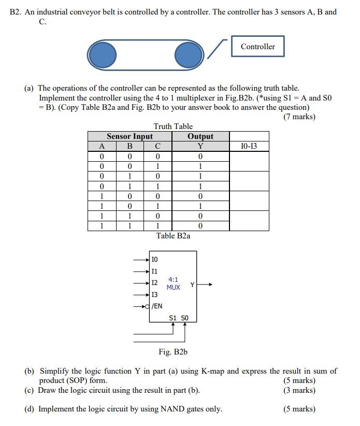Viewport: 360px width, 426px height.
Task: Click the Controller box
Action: tap(257, 47)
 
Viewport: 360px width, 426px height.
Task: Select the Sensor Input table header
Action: tap(129, 136)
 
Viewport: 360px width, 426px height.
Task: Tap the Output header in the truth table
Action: tap(200, 136)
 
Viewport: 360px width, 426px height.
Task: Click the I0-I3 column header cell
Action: tap(249, 146)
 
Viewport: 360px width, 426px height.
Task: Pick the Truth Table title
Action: tap(173, 126)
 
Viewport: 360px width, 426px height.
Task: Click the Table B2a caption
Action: tap(173, 236)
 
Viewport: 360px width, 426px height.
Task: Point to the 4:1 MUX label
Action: tap(174, 283)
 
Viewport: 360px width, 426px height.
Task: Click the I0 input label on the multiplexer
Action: tap(154, 259)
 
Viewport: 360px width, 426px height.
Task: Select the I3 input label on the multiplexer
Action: tap(154, 294)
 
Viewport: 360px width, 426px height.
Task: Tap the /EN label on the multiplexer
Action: tap(156, 306)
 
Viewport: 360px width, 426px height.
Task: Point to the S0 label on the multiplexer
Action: tap(185, 318)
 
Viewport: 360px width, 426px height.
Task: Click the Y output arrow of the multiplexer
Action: tap(205, 284)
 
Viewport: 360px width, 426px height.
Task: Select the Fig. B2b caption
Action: tap(173, 352)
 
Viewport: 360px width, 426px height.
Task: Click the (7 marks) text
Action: tap(299, 117)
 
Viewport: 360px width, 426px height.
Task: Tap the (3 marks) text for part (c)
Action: tap(299, 390)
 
